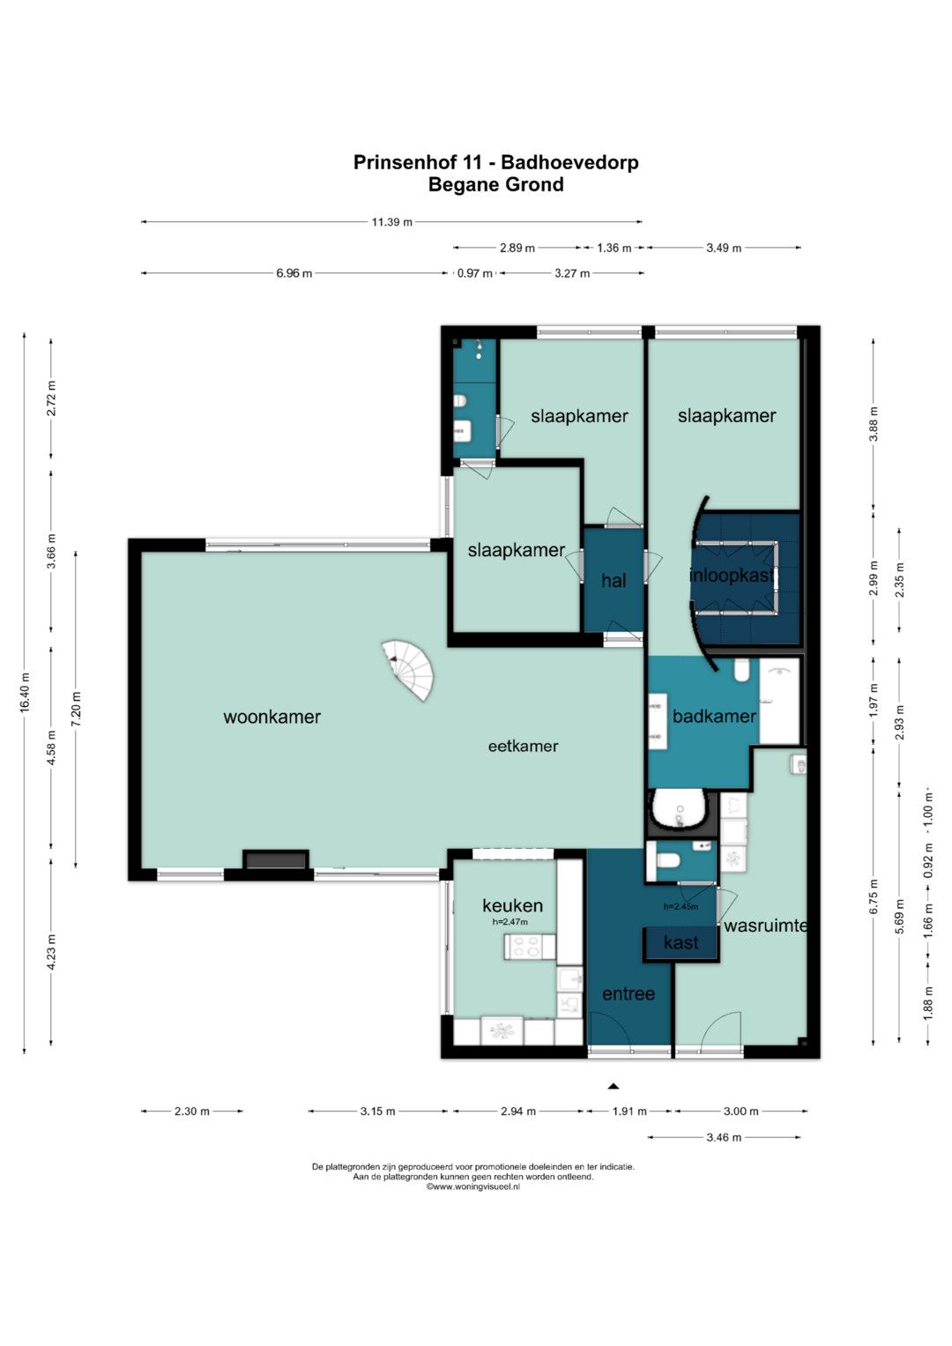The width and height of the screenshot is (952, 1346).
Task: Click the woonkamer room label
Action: coord(271,717)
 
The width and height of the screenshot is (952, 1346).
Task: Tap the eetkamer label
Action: coord(523,747)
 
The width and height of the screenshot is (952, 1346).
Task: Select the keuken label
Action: coord(513,905)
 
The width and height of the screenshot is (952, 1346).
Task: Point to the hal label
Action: coord(614,581)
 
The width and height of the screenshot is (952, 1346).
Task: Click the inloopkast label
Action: coord(732,576)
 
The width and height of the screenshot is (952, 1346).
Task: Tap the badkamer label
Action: coord(714,717)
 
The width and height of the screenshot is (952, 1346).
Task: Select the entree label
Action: coord(628,993)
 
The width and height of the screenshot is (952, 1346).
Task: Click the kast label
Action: coord(681,942)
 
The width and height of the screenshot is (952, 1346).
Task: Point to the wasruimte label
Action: coord(765,926)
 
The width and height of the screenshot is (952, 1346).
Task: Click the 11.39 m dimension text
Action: coord(392,222)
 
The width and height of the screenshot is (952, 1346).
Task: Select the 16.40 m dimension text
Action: coord(24,693)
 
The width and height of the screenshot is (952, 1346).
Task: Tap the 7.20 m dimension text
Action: coord(76,709)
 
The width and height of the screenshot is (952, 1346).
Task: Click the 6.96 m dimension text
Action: coord(294,273)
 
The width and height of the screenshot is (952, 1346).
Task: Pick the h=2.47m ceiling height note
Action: coord(510,922)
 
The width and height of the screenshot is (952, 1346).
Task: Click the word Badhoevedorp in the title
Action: coord(569,162)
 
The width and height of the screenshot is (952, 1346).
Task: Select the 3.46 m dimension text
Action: coord(724,1137)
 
